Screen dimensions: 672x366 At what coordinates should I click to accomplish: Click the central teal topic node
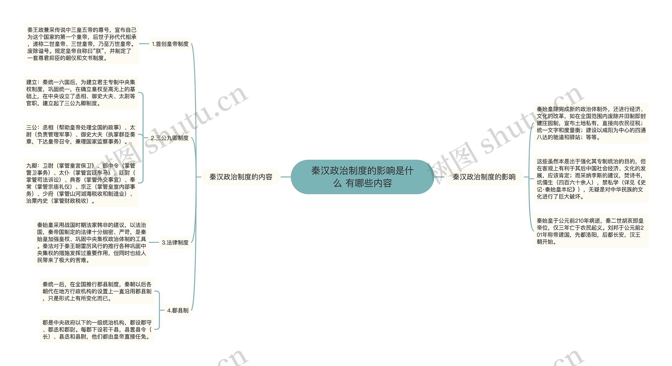pos(362,177)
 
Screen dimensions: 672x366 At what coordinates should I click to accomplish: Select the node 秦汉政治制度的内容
pos(241,177)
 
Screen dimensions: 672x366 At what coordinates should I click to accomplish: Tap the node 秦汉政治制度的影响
pos(484,177)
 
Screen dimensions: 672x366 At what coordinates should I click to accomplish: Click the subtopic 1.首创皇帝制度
pos(170,44)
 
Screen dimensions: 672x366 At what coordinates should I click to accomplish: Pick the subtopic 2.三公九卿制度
pos(170,138)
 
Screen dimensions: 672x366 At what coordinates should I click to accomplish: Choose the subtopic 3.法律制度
pos(175,243)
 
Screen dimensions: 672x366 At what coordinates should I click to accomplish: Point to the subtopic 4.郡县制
pos(178,310)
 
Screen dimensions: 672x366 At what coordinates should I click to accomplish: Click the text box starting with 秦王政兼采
pos(82,44)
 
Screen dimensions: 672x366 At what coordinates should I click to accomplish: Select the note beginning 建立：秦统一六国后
pos(81,93)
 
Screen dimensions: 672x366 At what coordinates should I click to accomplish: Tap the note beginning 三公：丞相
pos(81,134)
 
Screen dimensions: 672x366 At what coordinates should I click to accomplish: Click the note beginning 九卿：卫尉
pos(81,183)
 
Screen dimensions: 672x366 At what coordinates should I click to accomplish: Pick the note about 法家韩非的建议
pos(92,243)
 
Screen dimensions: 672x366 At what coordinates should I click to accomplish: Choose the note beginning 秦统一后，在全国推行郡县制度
pos(97,291)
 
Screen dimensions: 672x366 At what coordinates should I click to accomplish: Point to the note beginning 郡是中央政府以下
pos(97,329)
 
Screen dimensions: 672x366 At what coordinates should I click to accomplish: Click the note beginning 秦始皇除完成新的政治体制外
pos(591,123)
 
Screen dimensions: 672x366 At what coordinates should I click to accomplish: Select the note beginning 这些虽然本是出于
pos(591,179)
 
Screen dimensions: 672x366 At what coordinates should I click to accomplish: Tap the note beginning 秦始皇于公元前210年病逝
pos(591,231)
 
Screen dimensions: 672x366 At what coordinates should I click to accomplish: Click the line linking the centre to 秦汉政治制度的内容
pos(286,177)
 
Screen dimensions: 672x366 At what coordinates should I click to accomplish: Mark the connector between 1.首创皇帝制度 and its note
pos(144,44)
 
